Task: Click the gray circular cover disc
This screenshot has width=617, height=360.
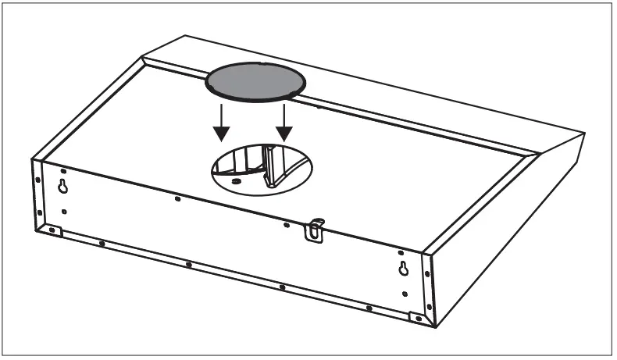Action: (x=255, y=82)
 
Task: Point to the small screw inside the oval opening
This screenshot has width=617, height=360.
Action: (x=235, y=180)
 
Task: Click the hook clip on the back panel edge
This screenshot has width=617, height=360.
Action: (x=314, y=228)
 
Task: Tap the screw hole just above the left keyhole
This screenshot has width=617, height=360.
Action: (x=62, y=170)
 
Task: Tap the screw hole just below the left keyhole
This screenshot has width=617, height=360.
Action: (x=63, y=210)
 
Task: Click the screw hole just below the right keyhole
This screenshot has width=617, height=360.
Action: (x=404, y=293)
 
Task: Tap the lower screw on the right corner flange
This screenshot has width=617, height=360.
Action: (x=426, y=301)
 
